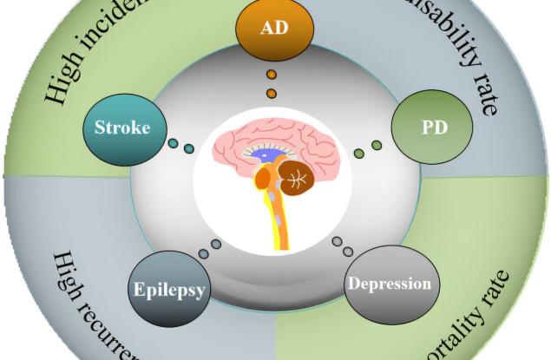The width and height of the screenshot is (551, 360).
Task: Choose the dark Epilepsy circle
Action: point(169,289)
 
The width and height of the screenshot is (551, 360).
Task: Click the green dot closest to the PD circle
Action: point(376,144)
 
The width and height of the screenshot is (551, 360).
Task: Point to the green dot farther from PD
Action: point(359,154)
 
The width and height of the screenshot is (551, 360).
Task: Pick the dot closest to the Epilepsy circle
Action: point(203,254)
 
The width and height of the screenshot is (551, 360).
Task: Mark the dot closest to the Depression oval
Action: point(348,252)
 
